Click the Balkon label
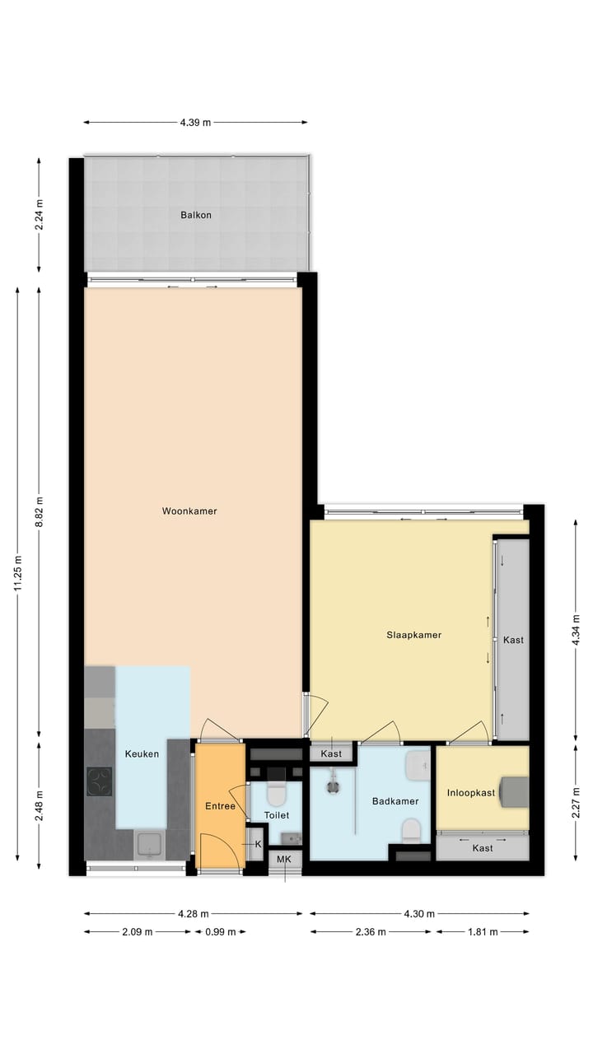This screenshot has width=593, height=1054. click(x=196, y=215)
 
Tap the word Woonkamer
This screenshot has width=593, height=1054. click(x=189, y=511)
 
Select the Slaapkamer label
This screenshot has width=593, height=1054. click(x=414, y=635)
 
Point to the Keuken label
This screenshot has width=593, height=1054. click(x=142, y=753)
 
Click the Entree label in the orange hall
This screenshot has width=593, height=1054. click(x=220, y=806)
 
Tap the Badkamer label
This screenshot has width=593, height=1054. click(x=395, y=801)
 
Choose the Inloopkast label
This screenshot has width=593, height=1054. click(x=471, y=793)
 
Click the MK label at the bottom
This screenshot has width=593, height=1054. click(x=284, y=860)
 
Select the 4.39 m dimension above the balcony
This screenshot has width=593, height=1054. click(x=195, y=123)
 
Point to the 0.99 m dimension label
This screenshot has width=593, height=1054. click(x=220, y=932)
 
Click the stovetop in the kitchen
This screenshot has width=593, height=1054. click(x=100, y=781)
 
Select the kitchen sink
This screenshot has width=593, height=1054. click(x=150, y=844)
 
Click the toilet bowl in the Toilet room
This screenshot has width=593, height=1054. click(x=276, y=795)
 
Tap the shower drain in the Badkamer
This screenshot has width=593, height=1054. click(x=333, y=786)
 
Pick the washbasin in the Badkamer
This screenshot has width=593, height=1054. click(x=418, y=766)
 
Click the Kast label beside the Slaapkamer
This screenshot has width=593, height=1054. click(x=513, y=640)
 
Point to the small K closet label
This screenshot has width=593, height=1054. click(x=257, y=844)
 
